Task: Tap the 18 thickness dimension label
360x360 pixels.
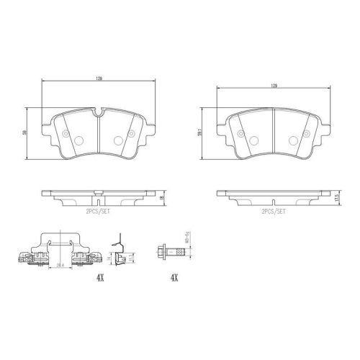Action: pos(162,197)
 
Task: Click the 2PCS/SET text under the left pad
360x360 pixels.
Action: pos(97,212)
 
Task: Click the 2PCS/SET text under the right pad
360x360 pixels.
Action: pos(274,212)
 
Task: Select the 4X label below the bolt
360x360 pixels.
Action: pos(174,277)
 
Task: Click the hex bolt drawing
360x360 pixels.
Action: pos(174,252)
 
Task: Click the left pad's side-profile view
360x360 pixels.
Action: pos(97,197)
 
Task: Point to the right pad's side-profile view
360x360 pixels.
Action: pos(274,196)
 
